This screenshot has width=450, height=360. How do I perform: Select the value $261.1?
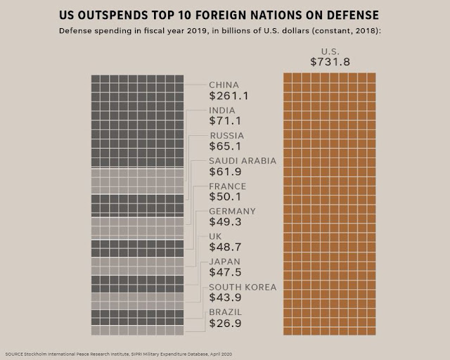click(229, 96)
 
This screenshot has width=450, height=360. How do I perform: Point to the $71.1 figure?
click(225, 121)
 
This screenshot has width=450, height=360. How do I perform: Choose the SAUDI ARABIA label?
click(243, 161)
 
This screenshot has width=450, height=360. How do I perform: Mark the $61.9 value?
click(225, 172)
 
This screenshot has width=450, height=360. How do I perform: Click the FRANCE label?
click(228, 186)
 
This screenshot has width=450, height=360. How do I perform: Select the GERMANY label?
click(232, 212)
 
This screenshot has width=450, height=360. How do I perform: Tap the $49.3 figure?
click(225, 222)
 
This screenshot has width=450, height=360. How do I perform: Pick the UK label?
click(215, 236)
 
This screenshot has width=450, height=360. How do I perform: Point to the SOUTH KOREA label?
click(243, 287)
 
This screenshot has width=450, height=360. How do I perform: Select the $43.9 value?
click(225, 297)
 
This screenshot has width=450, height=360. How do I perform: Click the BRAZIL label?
click(226, 312)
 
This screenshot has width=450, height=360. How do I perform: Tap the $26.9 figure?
click(225, 323)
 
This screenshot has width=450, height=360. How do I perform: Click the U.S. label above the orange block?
click(330, 51)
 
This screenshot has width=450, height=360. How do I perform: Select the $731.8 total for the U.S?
click(330, 62)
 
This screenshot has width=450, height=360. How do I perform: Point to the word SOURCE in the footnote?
click(14, 354)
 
